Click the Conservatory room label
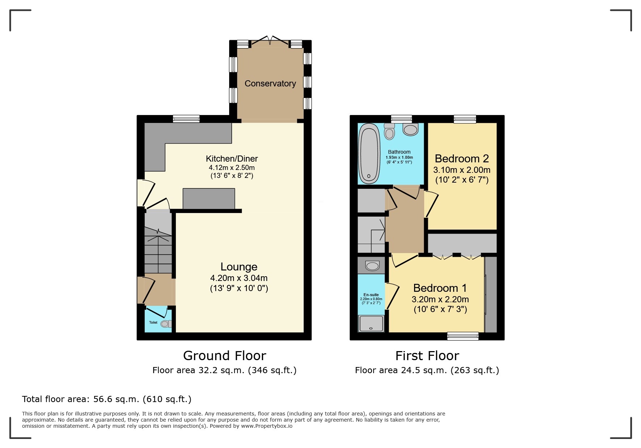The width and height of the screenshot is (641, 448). point(270,84)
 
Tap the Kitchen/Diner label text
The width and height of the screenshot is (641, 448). point(232,159)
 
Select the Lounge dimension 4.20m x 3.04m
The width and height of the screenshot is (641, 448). point(239,278)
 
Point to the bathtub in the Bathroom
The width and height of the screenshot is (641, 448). point(369,154)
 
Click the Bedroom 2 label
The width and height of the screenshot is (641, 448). point(461,159)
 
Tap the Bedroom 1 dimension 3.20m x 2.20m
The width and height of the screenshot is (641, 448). point(440,299)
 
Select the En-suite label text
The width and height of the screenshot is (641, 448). point(371,295)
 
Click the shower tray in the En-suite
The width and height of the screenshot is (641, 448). point(371,323)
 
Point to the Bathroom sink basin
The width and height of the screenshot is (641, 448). point(410,129)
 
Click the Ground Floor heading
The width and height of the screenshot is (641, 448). point(224,356)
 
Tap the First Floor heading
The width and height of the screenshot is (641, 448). point(427,356)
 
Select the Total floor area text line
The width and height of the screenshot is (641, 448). point(106,399)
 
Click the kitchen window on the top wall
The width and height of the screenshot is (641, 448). point(186,119)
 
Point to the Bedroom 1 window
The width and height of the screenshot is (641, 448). point(463,336)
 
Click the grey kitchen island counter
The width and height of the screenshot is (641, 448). point(208,199)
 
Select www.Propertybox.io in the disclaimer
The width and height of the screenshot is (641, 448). point(267,426)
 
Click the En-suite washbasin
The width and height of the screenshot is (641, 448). point(372,266)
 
